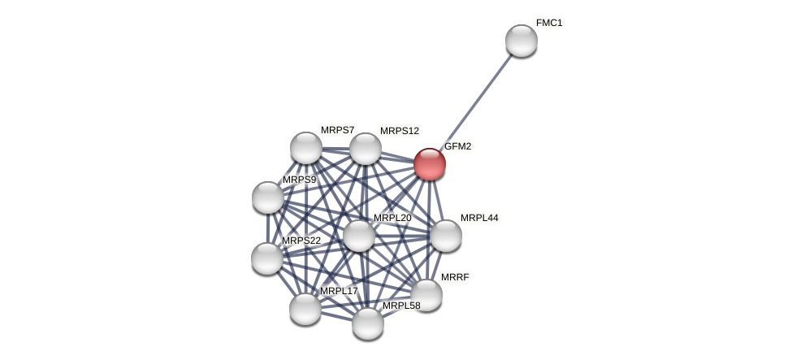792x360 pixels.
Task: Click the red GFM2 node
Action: click(430, 164)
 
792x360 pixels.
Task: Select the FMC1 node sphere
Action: click(522, 41)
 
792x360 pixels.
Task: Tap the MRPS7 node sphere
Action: click(306, 148)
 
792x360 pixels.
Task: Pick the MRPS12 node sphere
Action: click(366, 149)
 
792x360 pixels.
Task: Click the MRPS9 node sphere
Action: click(268, 197)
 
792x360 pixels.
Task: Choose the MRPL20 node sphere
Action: click(358, 236)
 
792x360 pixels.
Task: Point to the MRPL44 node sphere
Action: click(445, 236)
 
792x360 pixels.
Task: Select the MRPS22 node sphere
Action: click(267, 258)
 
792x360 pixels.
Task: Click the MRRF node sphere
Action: click(426, 295)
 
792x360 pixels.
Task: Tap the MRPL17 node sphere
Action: click(305, 309)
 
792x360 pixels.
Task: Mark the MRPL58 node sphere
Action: click(368, 323)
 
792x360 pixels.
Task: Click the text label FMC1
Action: click(549, 23)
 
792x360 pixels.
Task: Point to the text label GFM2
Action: click(457, 146)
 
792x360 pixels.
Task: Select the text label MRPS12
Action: click(400, 131)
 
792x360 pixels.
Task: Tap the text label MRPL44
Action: click(479, 218)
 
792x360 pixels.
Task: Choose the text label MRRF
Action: click(455, 277)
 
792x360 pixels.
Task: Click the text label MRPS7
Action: click(337, 131)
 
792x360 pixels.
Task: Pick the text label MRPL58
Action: click(401, 306)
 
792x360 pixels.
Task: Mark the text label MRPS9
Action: click(300, 180)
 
